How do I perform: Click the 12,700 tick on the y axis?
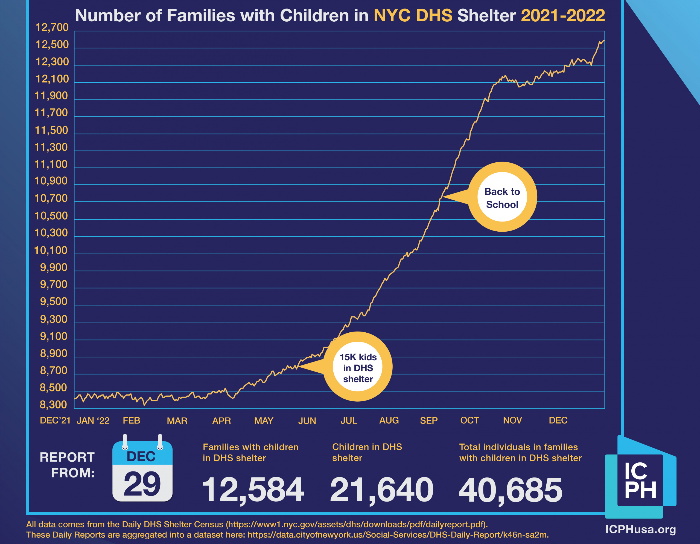pyautogui.click(x=52, y=28)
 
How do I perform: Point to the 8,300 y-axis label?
pyautogui.click(x=53, y=405)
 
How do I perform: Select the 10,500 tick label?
pyautogui.click(x=51, y=216)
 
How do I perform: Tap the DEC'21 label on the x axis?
pyautogui.click(x=55, y=421)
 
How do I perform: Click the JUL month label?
pyautogui.click(x=349, y=421)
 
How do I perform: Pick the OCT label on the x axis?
pyautogui.click(x=469, y=421)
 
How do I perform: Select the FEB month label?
pyautogui.click(x=132, y=421)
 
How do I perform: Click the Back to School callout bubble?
pyautogui.click(x=502, y=197)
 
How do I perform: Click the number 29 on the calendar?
pyautogui.click(x=142, y=484)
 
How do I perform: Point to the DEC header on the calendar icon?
pyautogui.click(x=141, y=456)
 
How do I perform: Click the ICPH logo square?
pyautogui.click(x=640, y=480)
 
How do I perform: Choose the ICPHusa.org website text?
pyautogui.click(x=640, y=529)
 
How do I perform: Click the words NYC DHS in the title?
pyautogui.click(x=413, y=15)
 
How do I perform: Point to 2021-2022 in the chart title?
pyautogui.click(x=563, y=15)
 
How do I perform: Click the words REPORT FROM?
pyautogui.click(x=67, y=465)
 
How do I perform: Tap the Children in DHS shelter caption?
pyautogui.click(x=367, y=452)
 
